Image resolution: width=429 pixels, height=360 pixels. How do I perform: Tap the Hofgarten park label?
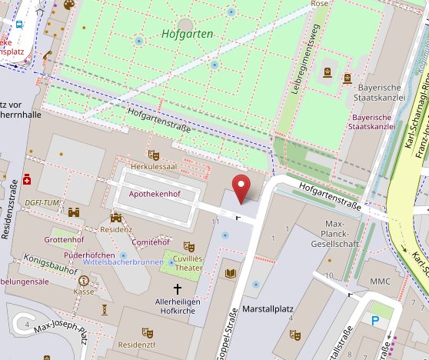click(187, 34)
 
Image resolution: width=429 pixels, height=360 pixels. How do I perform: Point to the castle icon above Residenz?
click(116, 218)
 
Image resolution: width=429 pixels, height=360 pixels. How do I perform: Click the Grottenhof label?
click(64, 239)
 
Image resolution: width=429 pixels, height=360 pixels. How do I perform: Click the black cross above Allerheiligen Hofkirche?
click(178, 289)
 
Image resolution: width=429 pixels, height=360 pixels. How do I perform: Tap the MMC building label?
click(379, 282)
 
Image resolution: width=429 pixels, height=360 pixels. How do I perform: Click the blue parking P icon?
click(375, 320)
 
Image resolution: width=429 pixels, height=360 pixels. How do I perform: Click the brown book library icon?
click(231, 273)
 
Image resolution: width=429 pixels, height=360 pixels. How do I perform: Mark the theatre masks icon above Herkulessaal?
click(153, 155)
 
